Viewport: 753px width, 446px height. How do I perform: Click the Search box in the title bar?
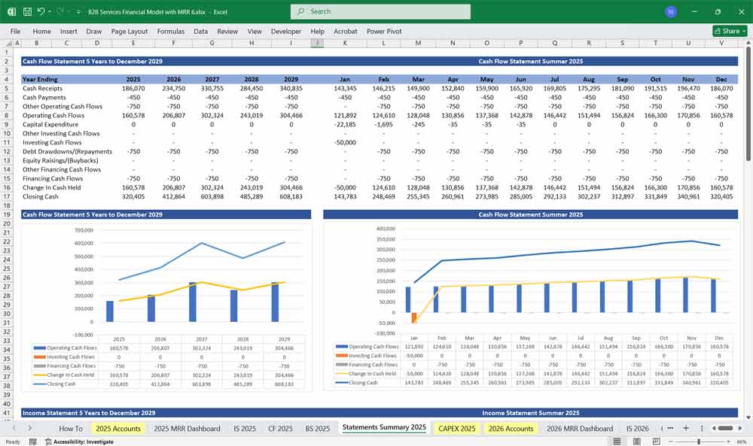(x=380, y=11)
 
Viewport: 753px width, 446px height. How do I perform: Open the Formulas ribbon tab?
(x=170, y=32)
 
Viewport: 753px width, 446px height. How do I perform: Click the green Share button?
(x=730, y=31)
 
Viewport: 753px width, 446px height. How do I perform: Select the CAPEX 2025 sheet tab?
(x=456, y=428)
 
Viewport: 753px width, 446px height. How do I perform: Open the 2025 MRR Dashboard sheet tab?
(x=187, y=428)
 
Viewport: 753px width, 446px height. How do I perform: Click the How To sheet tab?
(x=71, y=428)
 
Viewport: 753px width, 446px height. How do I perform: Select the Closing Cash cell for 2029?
(x=291, y=196)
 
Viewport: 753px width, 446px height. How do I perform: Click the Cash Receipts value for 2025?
(x=133, y=88)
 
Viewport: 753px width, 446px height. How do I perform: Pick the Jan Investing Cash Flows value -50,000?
(x=345, y=142)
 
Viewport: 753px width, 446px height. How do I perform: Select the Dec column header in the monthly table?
(x=721, y=79)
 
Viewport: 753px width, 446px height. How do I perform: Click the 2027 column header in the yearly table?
(x=212, y=79)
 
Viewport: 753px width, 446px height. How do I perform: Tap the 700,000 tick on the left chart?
(x=83, y=231)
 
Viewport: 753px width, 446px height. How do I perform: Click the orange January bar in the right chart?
(x=413, y=317)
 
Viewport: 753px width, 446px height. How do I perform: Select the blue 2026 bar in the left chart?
(x=151, y=308)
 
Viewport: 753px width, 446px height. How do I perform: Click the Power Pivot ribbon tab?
(x=384, y=32)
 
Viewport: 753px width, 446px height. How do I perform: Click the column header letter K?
(x=345, y=43)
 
